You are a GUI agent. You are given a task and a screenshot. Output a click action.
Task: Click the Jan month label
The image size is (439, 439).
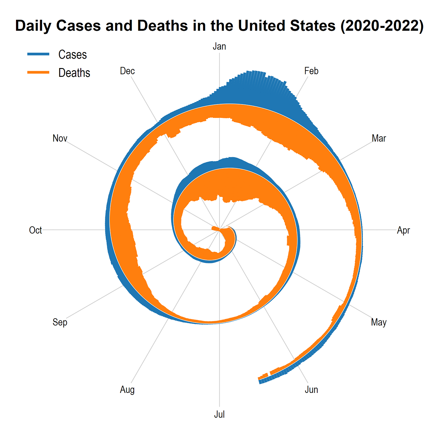point(219,47)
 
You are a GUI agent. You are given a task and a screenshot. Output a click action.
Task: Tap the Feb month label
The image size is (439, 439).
point(311,71)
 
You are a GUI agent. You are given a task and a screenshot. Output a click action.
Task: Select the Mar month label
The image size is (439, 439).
point(379,138)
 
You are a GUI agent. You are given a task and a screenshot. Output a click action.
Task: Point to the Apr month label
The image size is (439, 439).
point(403,230)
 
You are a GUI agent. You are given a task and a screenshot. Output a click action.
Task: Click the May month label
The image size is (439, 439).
point(379,322)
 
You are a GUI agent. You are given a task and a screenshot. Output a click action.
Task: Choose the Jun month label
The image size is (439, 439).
point(311,390)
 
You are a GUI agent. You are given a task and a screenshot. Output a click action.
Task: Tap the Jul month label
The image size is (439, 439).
point(219,415)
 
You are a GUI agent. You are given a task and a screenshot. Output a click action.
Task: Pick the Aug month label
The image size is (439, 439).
point(127,390)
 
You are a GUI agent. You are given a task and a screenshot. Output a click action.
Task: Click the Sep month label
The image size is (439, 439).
point(60,322)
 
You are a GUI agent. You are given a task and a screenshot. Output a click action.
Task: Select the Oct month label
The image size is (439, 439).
point(35,230)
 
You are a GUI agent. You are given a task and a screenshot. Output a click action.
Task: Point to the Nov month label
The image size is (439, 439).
point(60,138)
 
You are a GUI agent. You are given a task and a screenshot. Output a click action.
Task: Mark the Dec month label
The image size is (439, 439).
point(127,71)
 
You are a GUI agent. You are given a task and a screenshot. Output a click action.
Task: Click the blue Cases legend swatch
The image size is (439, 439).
point(39,54)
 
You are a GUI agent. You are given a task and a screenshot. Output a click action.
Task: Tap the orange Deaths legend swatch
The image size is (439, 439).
point(39,72)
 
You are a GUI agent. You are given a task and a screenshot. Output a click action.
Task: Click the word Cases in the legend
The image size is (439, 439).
point(72,55)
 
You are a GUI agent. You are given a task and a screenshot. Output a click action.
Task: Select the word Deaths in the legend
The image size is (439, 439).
point(74,73)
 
